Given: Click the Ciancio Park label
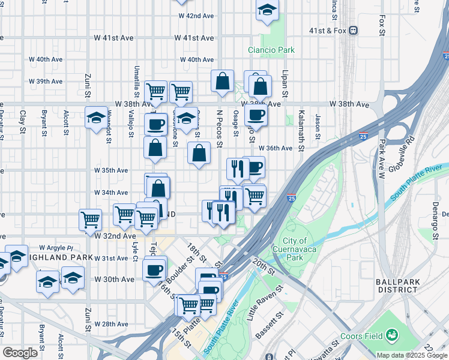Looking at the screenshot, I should tap(271, 50).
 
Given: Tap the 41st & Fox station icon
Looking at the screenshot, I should tap(354, 29).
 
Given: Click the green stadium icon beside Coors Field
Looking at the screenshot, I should tap(393, 334).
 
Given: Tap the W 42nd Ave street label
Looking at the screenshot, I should tap(194, 16).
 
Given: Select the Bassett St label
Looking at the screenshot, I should tap(271, 325).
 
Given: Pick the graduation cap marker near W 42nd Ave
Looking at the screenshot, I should tap(267, 10).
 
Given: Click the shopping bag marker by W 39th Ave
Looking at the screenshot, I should tap(222, 82).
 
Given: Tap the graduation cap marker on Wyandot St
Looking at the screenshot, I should tap(96, 118).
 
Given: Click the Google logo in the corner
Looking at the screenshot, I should tap(20, 353).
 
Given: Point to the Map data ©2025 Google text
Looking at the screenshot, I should tap(412, 355).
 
